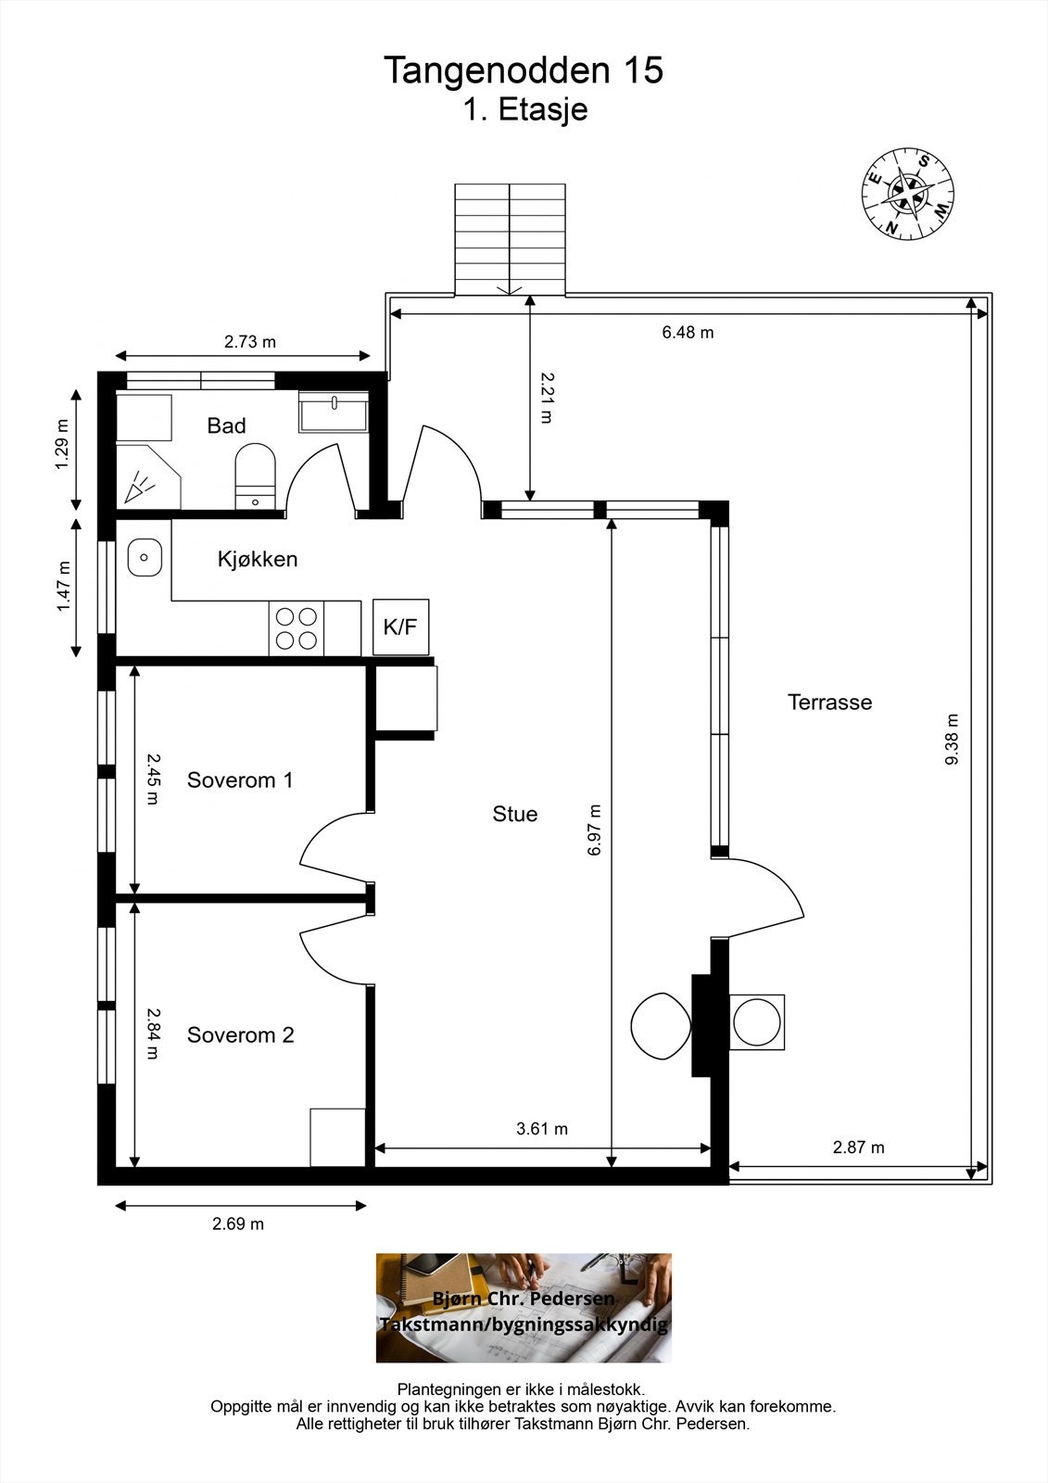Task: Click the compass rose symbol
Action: point(908,195)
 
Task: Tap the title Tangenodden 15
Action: point(523,70)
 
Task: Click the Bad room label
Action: point(226,425)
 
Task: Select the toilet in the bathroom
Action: point(255,476)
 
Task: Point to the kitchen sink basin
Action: point(145,557)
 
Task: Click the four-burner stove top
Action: point(296,628)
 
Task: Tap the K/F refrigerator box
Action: point(400,627)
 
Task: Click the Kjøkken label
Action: point(258,560)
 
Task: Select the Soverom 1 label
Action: point(240,780)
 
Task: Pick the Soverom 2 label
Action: point(240,1034)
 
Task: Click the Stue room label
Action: point(514,814)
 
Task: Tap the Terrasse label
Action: point(829,702)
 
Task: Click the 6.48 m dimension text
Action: point(688,333)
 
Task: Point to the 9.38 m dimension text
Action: point(952,739)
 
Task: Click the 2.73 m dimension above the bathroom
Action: point(249,342)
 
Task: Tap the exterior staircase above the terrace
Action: point(510,239)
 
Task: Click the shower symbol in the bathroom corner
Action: point(148,477)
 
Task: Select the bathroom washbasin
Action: point(334,412)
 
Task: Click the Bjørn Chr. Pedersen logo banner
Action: point(524,1308)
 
